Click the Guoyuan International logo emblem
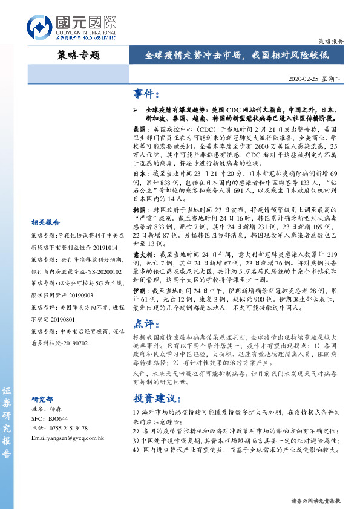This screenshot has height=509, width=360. [x=40, y=27]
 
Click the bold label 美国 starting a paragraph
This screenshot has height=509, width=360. [x=140, y=129]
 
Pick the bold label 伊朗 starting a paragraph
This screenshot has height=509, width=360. [x=140, y=290]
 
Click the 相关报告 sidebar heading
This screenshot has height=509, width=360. [x=45, y=223]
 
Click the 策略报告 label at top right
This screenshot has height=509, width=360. [x=330, y=42]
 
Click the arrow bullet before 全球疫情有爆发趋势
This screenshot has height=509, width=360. [x=136, y=111]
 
